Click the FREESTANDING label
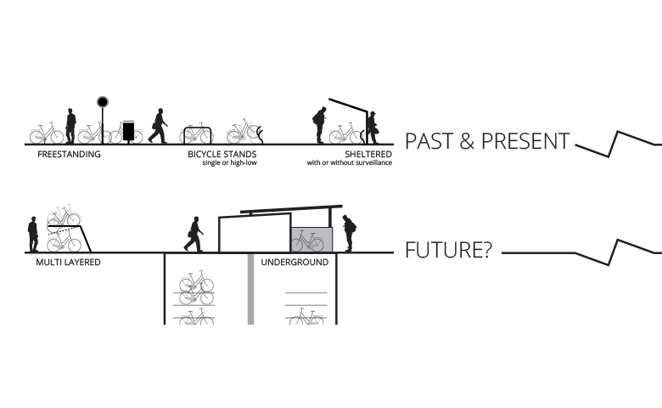tap(69, 155)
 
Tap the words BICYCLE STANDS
tap(222, 155)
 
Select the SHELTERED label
tap(368, 155)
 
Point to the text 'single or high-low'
tap(230, 163)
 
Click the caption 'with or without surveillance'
tap(350, 163)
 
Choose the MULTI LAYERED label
tap(68, 262)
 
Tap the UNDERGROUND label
tap(295, 262)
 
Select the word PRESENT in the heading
tap(525, 141)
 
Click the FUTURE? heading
tap(449, 250)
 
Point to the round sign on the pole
tap(103, 102)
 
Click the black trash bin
tap(128, 132)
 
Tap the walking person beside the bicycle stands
tap(158, 126)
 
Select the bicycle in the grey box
tap(307, 241)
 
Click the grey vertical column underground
tap(250, 289)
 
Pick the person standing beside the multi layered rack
tap(33, 235)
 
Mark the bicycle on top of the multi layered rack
tap(64, 216)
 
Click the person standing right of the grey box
tap(349, 234)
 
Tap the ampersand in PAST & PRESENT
tap(467, 142)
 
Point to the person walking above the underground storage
tap(194, 235)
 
